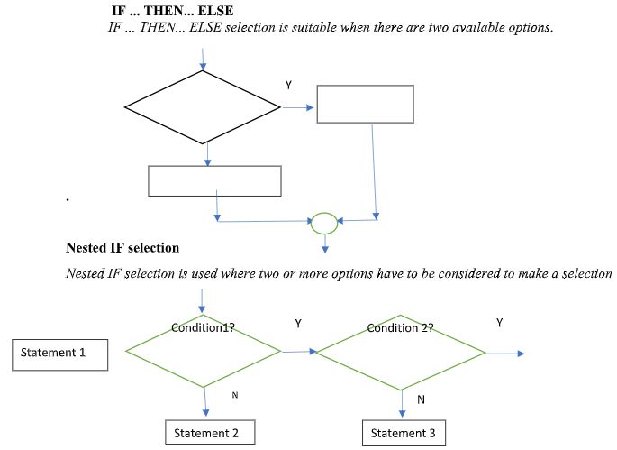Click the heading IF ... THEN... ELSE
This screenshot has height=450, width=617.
170,11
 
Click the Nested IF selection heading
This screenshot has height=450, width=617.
122,247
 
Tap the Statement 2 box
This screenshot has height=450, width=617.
209,433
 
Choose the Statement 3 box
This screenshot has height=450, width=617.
403,433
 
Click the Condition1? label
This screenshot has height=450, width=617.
203,327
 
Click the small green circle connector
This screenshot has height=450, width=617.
324,221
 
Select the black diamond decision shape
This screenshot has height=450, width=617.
203,108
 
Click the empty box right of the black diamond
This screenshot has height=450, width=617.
366,104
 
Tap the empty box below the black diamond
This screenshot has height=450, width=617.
214,180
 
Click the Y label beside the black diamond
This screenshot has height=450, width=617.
288,85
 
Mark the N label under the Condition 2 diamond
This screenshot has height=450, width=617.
420,398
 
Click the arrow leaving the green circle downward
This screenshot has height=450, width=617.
324,241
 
